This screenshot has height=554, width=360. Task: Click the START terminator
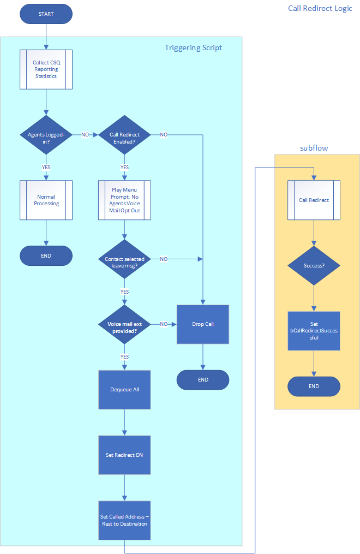point(46,14)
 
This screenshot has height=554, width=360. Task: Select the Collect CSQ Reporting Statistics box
point(46,69)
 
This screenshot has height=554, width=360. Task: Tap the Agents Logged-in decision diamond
point(46,135)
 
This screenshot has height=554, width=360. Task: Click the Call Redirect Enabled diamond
point(124,135)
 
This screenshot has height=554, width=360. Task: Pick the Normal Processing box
point(46,200)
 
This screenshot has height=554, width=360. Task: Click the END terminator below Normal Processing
point(46,255)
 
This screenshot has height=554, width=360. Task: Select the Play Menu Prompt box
point(124,200)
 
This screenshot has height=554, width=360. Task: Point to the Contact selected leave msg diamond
point(124,259)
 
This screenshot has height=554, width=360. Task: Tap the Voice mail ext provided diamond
point(124,324)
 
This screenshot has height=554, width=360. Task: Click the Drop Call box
point(203,324)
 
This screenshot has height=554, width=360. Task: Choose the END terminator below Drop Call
point(203,380)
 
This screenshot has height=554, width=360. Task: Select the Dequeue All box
point(124,390)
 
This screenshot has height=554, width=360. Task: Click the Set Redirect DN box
point(124,455)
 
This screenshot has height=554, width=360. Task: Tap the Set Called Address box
point(124,520)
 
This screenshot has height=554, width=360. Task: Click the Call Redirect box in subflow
point(314,200)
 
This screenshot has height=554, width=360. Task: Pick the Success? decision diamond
point(314,265)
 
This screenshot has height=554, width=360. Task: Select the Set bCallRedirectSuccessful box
point(314,331)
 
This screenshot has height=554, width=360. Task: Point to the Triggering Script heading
point(193,47)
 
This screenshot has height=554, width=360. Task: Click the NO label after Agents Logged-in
point(85,135)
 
